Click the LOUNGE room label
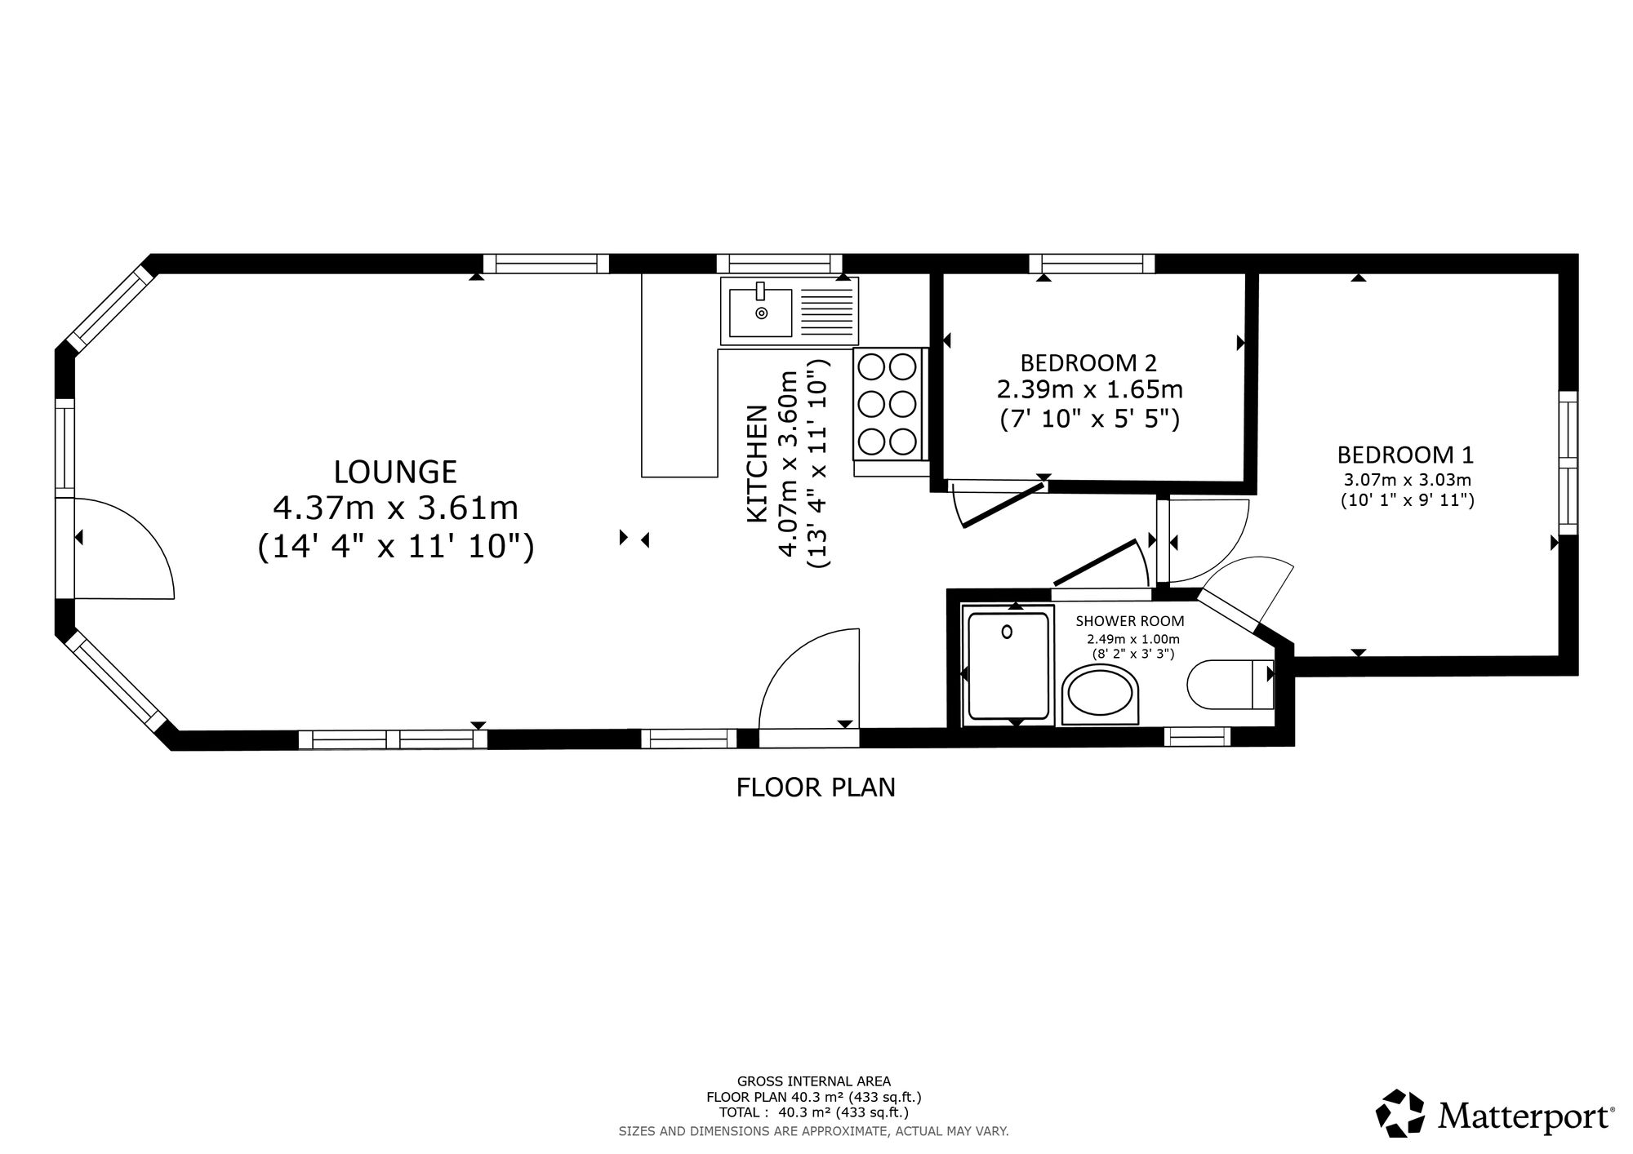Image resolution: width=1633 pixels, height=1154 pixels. pos(395,472)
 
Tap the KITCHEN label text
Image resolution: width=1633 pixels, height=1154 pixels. pos(758,464)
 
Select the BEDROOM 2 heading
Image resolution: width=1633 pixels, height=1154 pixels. pos(1088,362)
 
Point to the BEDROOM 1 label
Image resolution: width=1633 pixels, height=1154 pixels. pos(1404,454)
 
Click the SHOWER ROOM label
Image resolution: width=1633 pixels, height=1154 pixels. pos(1129,622)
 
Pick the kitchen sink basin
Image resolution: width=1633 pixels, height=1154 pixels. pos(761,313)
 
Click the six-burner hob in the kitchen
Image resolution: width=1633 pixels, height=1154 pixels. pos(887,404)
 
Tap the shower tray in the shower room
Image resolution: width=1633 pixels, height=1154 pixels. pos(1007,666)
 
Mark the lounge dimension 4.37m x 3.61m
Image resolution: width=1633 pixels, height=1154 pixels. pos(395,508)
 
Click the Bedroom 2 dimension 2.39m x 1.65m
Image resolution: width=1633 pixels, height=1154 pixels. pos(1089,389)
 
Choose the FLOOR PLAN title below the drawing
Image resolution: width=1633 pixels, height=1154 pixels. pos(816,788)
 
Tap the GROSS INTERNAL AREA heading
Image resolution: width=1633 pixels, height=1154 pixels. pos(814,1081)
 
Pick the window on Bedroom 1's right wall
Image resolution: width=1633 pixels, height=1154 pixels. pos(1568,463)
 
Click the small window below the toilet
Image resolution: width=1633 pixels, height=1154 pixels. pos(1197,736)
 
